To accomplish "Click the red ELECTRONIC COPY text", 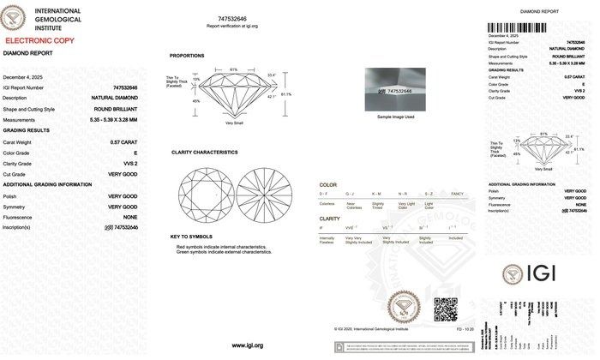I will (x=38, y=40).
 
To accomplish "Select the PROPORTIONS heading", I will (x=187, y=56).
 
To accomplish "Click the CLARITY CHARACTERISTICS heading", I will (x=204, y=152).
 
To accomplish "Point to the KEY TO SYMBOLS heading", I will (x=190, y=237).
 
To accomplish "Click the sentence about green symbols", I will (x=222, y=252).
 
